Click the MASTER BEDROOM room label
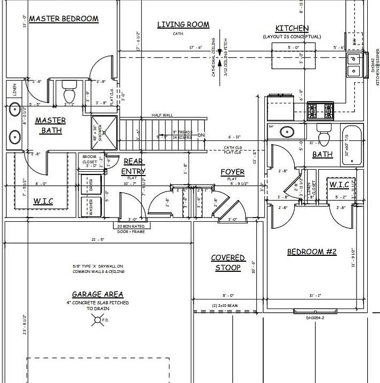(63, 19)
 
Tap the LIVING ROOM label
(183, 24)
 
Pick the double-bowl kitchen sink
(354, 65)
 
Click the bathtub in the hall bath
(351, 140)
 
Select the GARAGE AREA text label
(98, 294)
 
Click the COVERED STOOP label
(228, 263)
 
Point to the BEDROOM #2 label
(312, 252)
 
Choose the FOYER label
(232, 172)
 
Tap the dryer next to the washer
(91, 186)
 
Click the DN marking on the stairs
(201, 135)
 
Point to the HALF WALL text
(162, 115)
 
